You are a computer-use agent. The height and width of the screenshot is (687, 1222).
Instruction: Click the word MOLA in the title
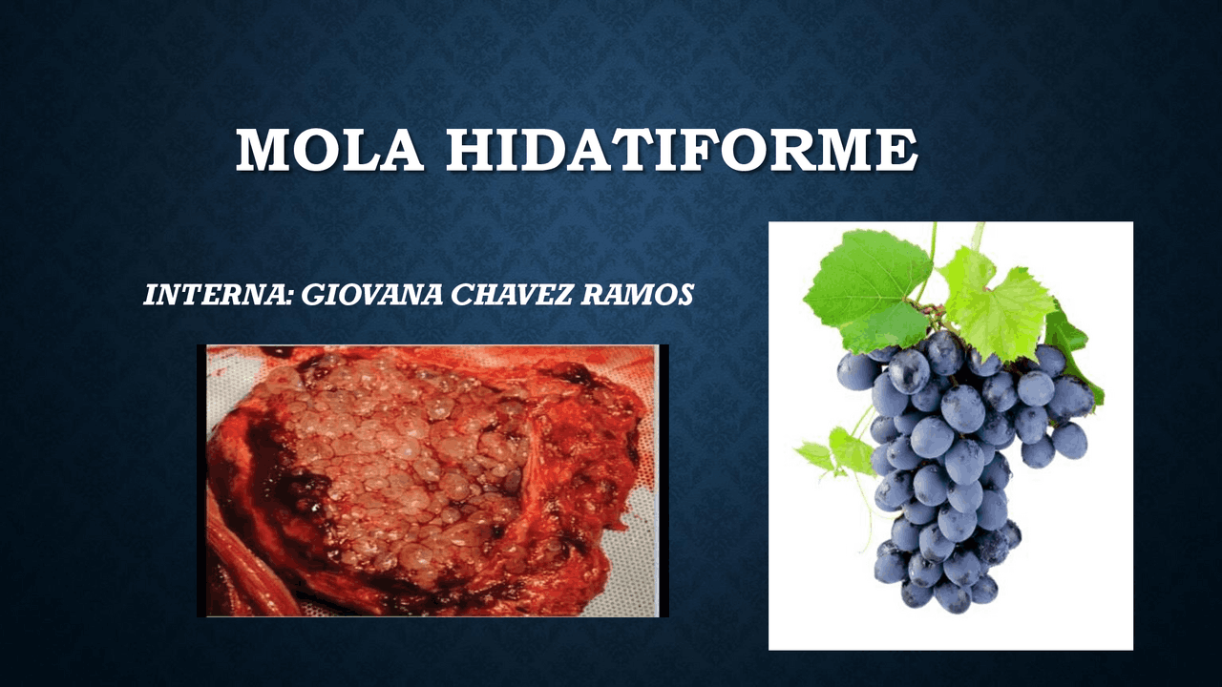pos(329,150)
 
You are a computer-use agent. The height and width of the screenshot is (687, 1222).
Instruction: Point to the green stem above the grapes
pos(931,253)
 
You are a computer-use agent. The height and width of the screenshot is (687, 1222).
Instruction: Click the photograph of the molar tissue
pos(432,480)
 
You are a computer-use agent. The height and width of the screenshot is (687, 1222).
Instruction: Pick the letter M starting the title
pos(261,150)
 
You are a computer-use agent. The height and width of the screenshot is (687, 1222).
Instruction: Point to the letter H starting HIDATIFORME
pos(468,150)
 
